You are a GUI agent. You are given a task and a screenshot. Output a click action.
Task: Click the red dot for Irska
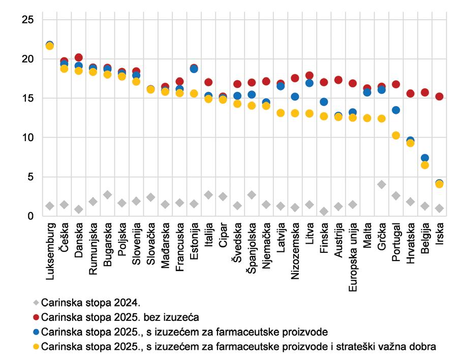(440, 96)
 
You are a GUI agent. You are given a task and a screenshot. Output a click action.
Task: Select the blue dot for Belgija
(425, 158)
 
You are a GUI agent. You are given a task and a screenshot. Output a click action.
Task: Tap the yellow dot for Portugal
(396, 135)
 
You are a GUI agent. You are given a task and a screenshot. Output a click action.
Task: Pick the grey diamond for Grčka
(382, 184)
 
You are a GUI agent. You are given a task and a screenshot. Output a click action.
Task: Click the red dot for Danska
(79, 57)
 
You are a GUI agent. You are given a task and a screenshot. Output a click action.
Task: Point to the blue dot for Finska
(324, 102)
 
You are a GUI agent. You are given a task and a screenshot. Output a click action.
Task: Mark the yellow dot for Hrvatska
(411, 143)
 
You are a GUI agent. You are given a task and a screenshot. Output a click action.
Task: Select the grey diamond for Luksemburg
(50, 206)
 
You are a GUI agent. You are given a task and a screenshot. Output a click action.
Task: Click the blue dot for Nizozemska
(295, 96)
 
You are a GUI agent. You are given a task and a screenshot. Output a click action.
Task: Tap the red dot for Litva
(310, 75)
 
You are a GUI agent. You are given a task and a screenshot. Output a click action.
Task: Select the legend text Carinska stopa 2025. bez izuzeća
(120, 317)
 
